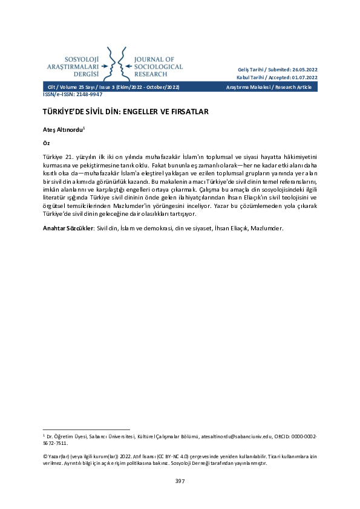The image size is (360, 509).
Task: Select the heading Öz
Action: (x=45, y=143)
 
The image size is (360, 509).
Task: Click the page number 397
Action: (x=180, y=481)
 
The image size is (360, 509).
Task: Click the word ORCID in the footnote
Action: (x=284, y=436)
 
